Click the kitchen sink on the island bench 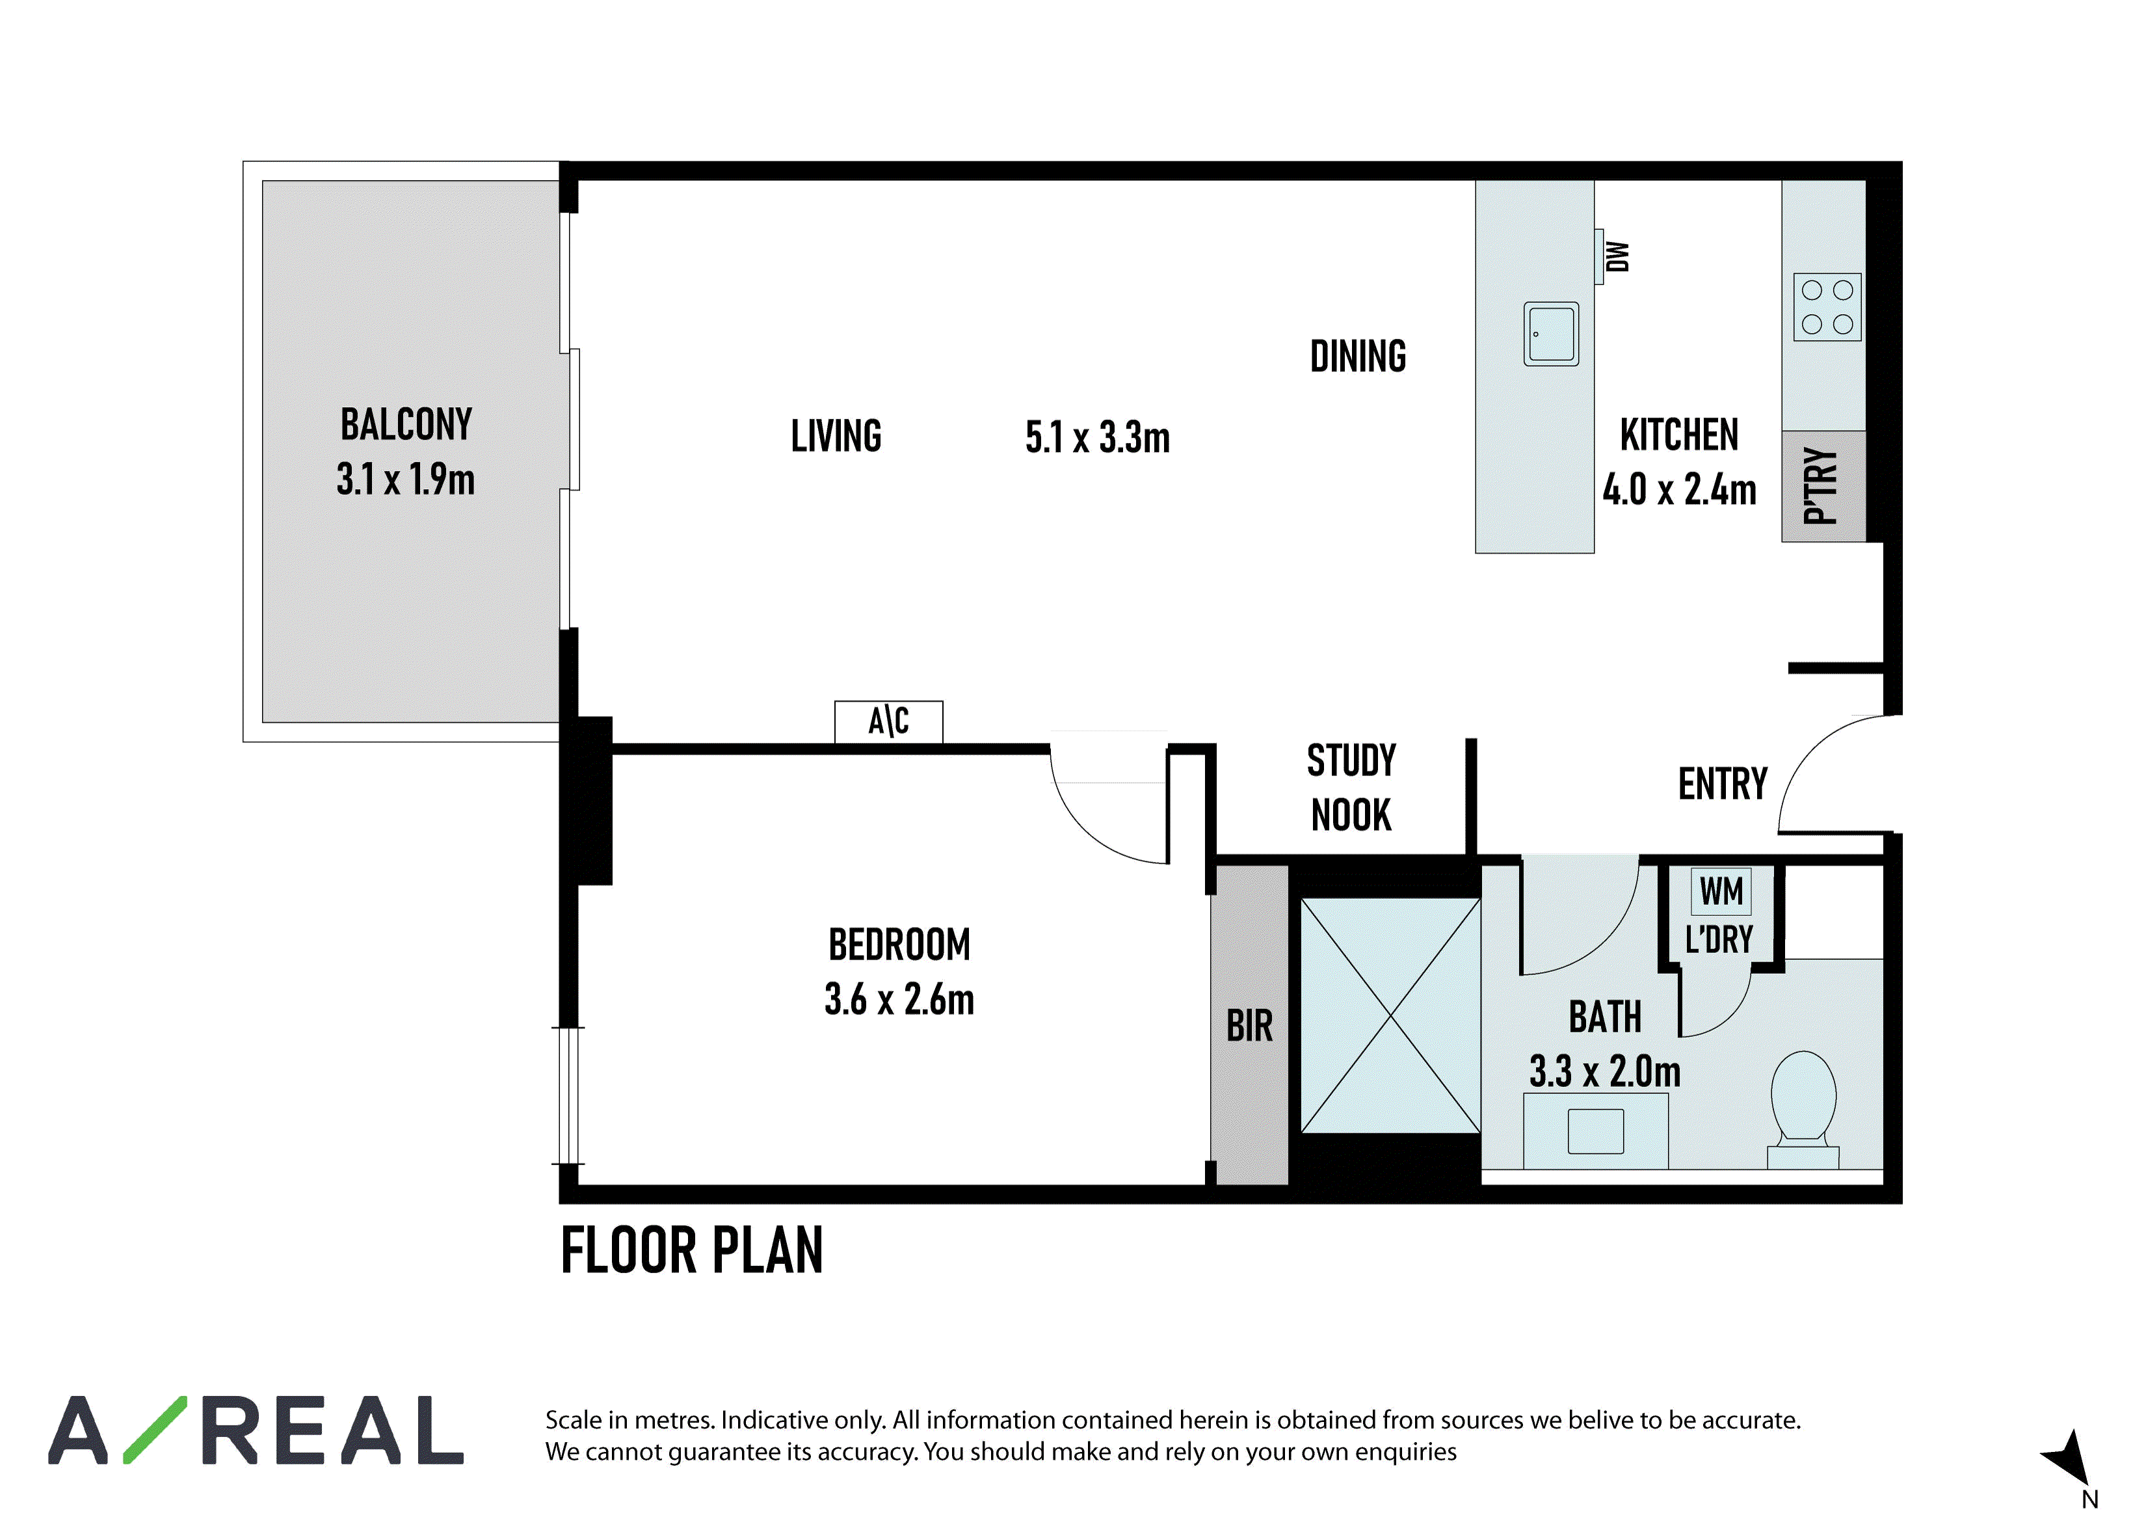tap(1552, 334)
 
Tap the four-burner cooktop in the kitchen tap(1827, 306)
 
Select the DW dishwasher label tap(1618, 256)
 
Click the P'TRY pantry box tap(1823, 486)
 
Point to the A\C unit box tap(889, 721)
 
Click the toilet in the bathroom tap(1803, 1110)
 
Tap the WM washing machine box tap(1721, 892)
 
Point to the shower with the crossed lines tap(1391, 1016)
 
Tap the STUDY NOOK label tap(1351, 788)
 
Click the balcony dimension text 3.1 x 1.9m tap(406, 479)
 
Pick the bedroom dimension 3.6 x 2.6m tap(899, 999)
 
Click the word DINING tap(1358, 356)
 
